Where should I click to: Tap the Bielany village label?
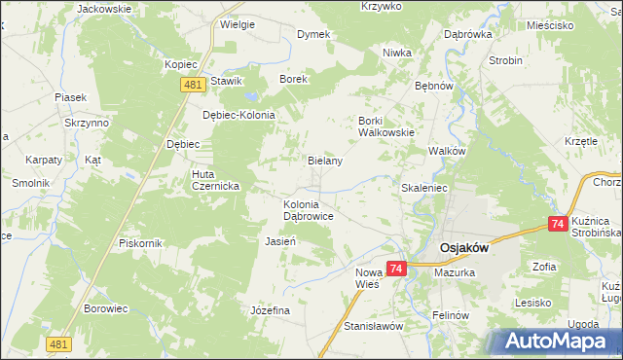324,161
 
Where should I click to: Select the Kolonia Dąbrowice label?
309,211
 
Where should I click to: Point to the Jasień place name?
280,240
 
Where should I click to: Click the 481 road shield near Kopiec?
192,87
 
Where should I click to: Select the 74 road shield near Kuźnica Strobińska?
557,224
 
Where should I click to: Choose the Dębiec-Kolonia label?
238,114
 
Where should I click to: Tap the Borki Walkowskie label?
386,126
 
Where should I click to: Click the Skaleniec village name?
423,186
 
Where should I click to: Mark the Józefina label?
271,309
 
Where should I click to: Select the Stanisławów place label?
373,326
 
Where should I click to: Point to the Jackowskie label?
104,8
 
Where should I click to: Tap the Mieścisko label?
548,26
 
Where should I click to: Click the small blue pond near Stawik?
252,97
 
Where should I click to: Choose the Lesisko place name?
534,303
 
